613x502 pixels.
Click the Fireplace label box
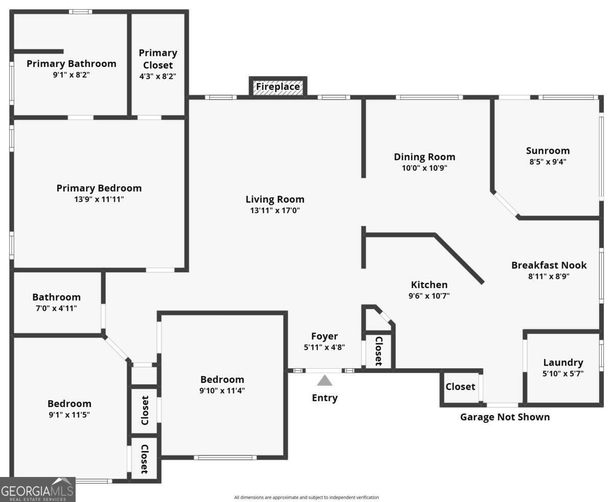coord(278,87)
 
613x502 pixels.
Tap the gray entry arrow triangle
coord(324,380)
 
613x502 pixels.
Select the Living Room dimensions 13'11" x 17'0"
coord(275,210)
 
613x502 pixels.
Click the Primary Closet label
coord(158,59)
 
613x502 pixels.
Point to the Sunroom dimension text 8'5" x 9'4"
coord(548,162)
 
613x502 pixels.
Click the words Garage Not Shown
coord(505,417)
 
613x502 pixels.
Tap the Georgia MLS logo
coord(37,490)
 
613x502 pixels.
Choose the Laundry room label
coord(563,363)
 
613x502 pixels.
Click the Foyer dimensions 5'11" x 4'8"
coord(324,347)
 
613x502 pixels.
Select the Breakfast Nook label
coord(549,265)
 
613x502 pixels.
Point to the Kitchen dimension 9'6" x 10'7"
coord(429,296)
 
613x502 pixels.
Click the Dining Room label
coord(425,157)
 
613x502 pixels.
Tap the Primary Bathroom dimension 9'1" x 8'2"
coord(71,75)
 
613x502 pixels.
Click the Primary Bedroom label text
coord(99,188)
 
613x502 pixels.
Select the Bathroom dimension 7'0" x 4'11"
coord(56,308)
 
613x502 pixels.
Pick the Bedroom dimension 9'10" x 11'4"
coord(222,391)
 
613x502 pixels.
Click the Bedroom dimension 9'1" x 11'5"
coord(69,415)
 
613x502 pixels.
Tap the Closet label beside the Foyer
coord(379,351)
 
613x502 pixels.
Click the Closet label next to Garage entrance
coord(460,387)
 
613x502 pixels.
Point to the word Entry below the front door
coord(325,398)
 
